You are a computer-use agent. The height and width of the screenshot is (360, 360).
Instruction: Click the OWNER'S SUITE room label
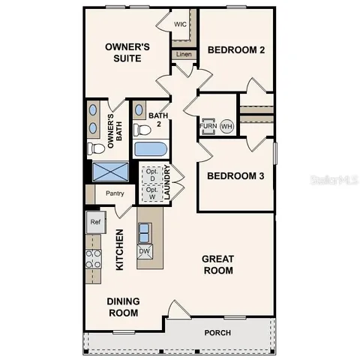127,52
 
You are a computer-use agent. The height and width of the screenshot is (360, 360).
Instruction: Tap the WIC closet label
180,24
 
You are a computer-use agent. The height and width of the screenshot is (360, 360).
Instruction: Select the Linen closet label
182,54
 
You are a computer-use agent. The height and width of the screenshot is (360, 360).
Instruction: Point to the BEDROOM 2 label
236,51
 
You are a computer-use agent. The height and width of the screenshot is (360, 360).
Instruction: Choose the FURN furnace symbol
208,126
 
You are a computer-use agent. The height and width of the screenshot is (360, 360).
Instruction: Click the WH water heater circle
226,126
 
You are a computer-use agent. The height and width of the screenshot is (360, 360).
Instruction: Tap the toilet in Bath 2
143,130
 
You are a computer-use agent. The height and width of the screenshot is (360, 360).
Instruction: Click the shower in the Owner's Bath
108,172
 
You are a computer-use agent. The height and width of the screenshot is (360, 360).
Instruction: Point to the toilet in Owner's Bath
94,148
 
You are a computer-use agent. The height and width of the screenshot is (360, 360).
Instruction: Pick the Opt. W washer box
151,193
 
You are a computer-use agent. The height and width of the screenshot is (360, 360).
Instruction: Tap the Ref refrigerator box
95,222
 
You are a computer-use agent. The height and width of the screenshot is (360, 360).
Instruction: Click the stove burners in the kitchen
94,259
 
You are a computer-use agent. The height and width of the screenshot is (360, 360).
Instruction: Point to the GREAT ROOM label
218,265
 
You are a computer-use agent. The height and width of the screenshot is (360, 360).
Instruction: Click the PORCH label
218,333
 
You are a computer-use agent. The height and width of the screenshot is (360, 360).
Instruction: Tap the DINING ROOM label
124,307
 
